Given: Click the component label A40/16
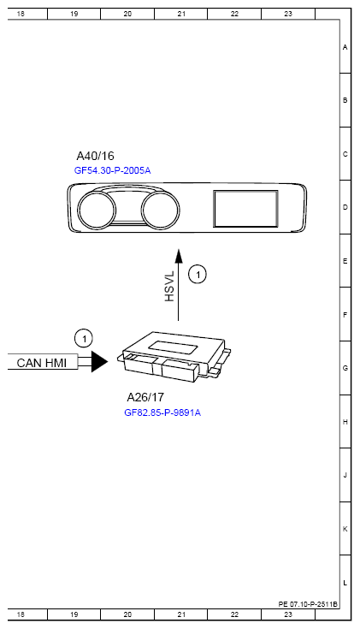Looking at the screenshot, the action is point(96,156).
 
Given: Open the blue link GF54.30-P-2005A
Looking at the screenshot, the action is point(113,170).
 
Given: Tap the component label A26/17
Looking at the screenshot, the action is point(145,397).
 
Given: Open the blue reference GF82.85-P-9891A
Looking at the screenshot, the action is point(162,412).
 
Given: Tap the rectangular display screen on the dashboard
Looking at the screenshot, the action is point(245,209).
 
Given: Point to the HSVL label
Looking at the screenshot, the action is point(169,287).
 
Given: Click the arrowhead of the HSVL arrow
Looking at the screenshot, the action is point(179,256).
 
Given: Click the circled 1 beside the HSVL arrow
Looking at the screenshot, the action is point(198,275).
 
